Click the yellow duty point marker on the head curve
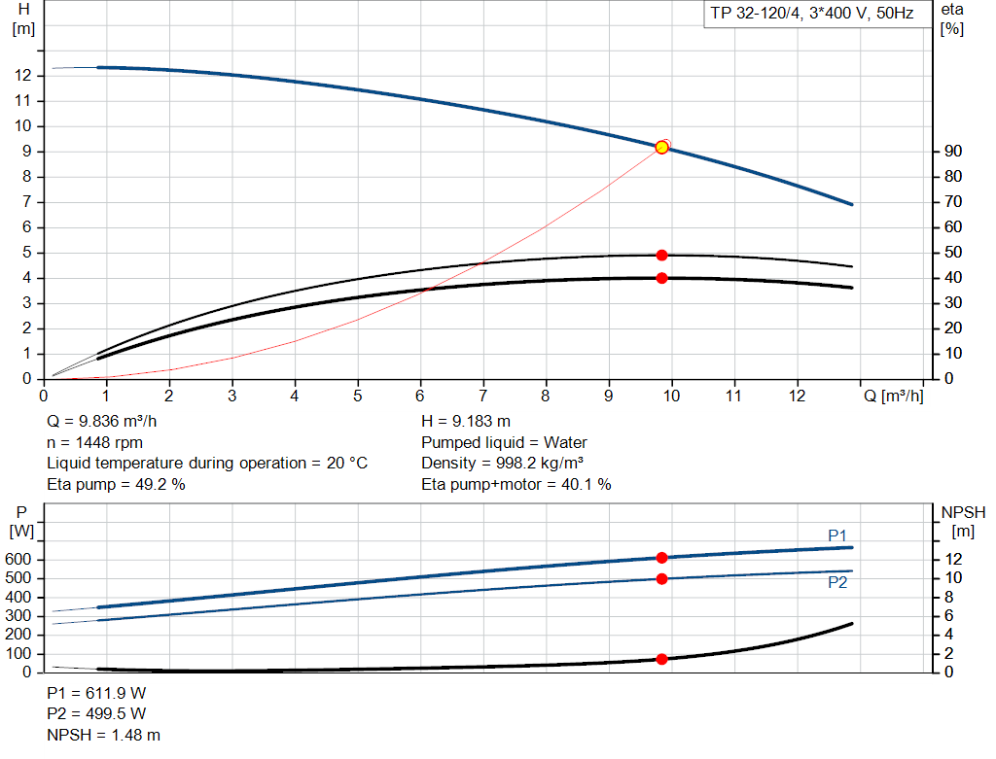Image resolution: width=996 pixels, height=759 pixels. click(x=662, y=147)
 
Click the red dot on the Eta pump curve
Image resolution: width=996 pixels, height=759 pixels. click(x=662, y=255)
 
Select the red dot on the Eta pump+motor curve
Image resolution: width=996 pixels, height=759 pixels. click(x=662, y=278)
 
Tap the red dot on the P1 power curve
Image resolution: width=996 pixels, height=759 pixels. click(x=662, y=558)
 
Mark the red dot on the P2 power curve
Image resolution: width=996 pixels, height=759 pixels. click(x=662, y=579)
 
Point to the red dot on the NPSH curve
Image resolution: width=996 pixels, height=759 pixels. click(x=662, y=659)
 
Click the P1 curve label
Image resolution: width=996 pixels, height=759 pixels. click(x=837, y=535)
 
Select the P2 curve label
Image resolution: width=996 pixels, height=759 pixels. click(x=837, y=582)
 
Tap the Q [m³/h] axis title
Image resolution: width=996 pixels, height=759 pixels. click(x=893, y=397)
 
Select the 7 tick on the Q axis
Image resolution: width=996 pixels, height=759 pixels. click(x=483, y=397)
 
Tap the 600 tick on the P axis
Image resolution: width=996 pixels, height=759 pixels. click(x=19, y=560)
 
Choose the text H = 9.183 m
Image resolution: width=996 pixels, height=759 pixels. click(x=465, y=421)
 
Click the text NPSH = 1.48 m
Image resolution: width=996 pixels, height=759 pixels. click(x=104, y=736)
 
